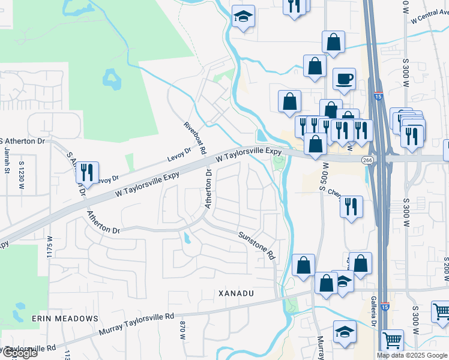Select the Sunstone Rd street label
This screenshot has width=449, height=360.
(256, 245)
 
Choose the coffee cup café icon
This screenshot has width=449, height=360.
(345, 79)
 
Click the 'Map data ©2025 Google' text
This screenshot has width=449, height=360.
(412, 355)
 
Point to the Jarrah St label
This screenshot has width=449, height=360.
(8, 162)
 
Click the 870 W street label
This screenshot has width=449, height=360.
(182, 330)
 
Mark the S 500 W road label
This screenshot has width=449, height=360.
(325, 177)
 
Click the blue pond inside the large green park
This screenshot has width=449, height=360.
(111, 78)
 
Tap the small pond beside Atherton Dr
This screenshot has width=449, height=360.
(188, 239)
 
